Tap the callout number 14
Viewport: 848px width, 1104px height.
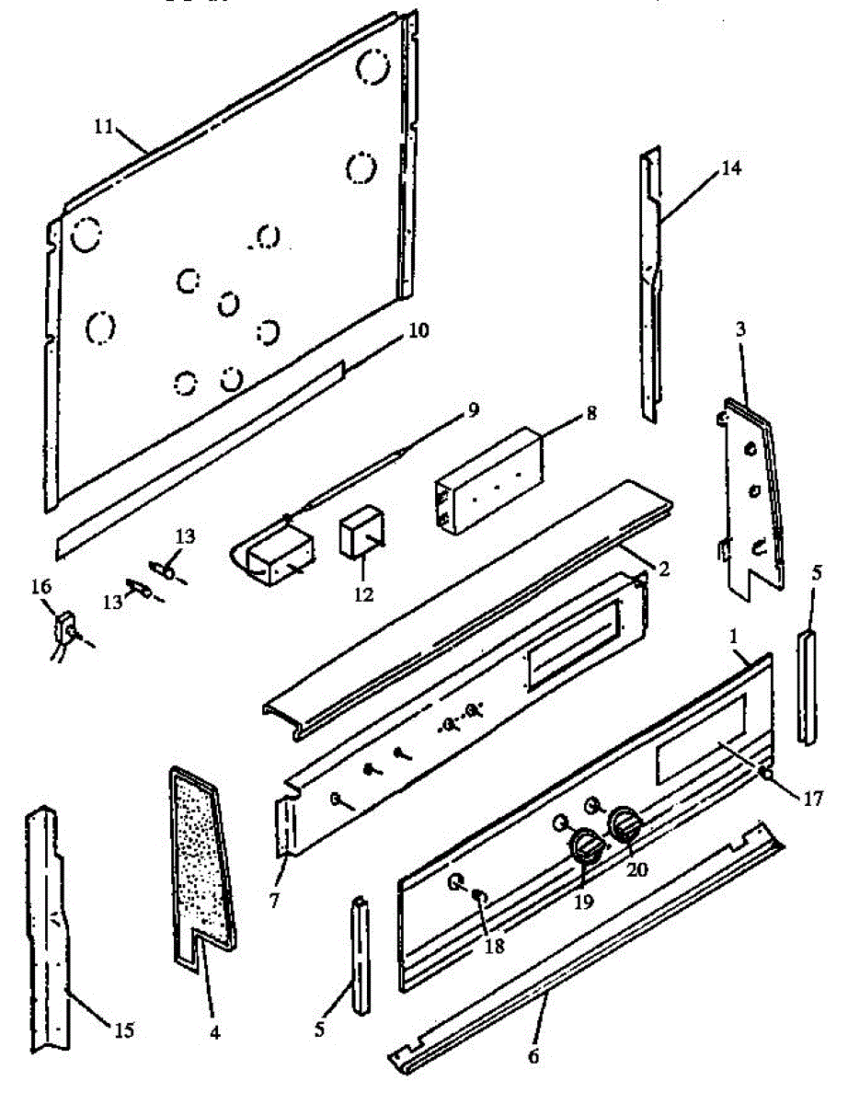coord(730,167)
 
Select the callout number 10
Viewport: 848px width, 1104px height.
coord(418,328)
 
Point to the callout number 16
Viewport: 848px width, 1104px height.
coord(41,586)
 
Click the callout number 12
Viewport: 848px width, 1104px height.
coord(363,594)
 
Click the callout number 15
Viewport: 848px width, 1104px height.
coord(122,1029)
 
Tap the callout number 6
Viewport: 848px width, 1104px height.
coord(534,1054)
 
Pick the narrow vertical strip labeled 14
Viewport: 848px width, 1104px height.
coord(649,285)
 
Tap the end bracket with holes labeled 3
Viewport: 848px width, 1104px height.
coord(751,497)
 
